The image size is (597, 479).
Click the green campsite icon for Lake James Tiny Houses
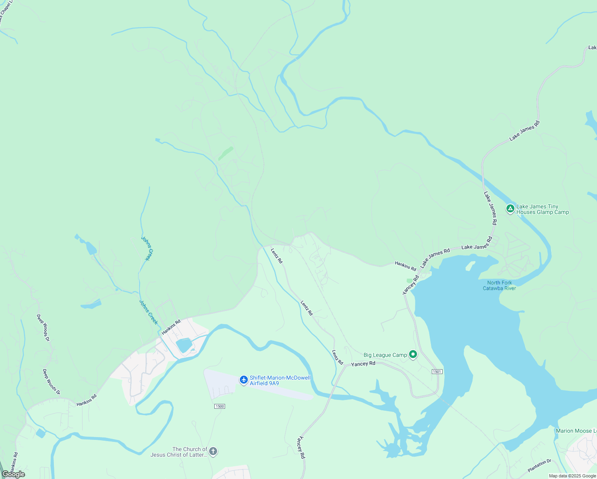pyautogui.click(x=510, y=208)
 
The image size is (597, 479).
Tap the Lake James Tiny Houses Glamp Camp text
pyautogui.click(x=542, y=210)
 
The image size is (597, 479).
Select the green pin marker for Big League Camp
pyautogui.click(x=413, y=354)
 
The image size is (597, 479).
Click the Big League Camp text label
pyautogui.click(x=385, y=355)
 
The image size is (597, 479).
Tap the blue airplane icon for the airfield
pyautogui.click(x=244, y=380)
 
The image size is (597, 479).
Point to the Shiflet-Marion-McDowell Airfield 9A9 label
pyautogui.click(x=280, y=380)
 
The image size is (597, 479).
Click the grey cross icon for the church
pyautogui.click(x=213, y=451)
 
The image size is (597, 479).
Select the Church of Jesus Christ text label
pyautogui.click(x=179, y=452)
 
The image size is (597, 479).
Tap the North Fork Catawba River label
pyautogui.click(x=499, y=285)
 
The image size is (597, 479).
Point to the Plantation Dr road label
pyautogui.click(x=539, y=465)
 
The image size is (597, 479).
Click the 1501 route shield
pyautogui.click(x=437, y=372)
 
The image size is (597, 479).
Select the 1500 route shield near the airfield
pyautogui.click(x=219, y=406)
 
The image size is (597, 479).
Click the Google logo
pyautogui.click(x=14, y=474)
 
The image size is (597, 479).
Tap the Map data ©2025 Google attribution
pyautogui.click(x=572, y=476)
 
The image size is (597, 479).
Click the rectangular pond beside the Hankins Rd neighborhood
pyautogui.click(x=184, y=345)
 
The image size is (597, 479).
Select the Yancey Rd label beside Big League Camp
pyautogui.click(x=363, y=364)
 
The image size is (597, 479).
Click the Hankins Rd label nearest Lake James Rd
pyautogui.click(x=405, y=266)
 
